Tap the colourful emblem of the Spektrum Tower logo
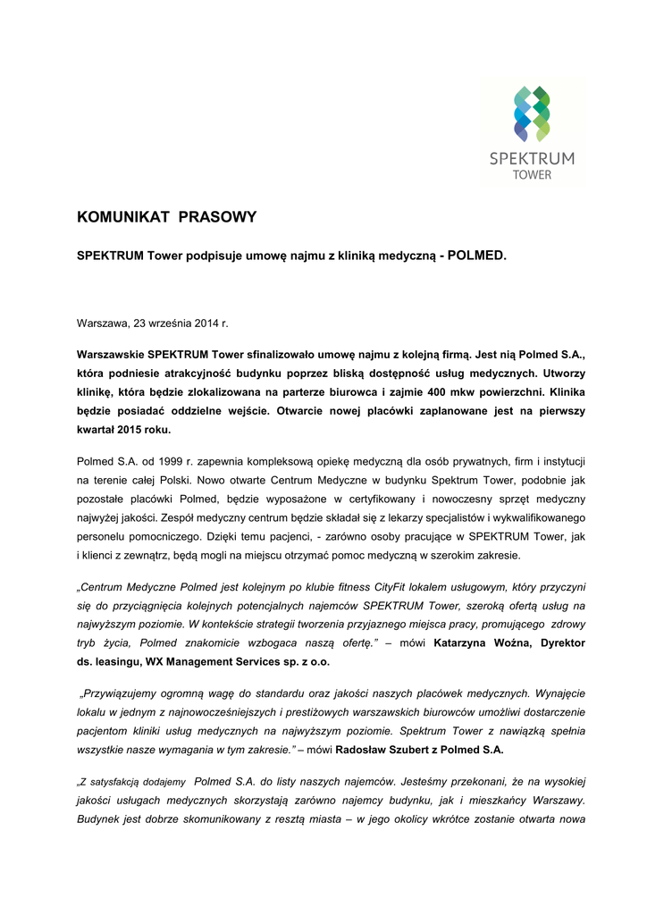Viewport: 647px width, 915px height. click(x=532, y=113)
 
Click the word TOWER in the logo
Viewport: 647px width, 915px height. click(x=532, y=174)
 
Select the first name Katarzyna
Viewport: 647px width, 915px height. click(x=461, y=642)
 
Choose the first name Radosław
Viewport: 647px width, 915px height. click(x=361, y=749)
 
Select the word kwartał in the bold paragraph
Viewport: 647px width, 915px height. click(x=98, y=429)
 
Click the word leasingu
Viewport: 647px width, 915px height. click(x=117, y=661)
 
